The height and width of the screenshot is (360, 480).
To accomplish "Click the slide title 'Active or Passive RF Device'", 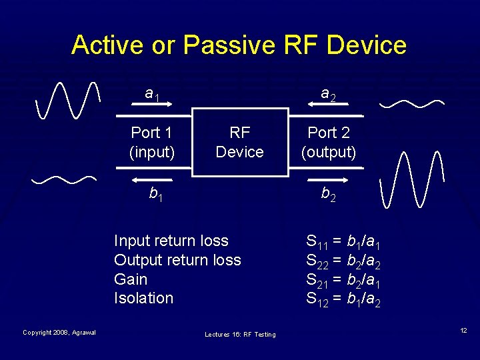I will [239, 45].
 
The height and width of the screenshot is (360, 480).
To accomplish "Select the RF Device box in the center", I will [239, 142].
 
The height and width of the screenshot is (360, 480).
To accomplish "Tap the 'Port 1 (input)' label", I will [152, 142].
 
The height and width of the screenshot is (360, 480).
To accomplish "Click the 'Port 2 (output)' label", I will [329, 142].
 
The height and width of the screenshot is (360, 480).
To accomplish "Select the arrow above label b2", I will [328, 180].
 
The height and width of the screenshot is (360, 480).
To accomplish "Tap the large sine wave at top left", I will [69, 100].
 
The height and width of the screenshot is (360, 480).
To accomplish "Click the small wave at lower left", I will [65, 179].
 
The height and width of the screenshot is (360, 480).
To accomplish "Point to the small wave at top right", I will [412, 103].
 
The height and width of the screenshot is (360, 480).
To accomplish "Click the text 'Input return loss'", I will [171, 241].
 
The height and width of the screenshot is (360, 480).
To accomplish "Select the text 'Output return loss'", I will [177, 260].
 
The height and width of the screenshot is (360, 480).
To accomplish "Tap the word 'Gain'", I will [131, 279].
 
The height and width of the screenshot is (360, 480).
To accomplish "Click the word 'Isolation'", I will [143, 298].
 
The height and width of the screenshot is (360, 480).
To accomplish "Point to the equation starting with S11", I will [343, 241].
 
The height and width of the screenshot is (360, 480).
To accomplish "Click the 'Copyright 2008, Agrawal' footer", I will [59, 332].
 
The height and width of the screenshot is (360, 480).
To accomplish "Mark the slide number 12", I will [462, 331].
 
